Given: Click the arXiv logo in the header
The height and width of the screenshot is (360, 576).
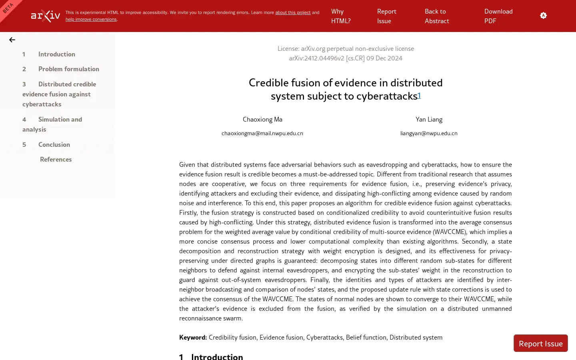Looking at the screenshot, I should [x=46, y=16].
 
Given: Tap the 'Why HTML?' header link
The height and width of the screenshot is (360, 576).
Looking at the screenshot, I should [x=341, y=16].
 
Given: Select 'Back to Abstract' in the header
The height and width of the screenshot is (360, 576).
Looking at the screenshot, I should [x=437, y=16].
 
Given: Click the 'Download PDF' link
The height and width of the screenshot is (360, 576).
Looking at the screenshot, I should [x=498, y=16].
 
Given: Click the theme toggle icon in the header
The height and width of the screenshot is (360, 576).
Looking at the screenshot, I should [x=543, y=16].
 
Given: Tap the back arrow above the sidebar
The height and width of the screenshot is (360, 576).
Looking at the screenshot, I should [x=12, y=40].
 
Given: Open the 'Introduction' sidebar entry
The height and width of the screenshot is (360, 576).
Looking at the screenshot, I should [x=56, y=54].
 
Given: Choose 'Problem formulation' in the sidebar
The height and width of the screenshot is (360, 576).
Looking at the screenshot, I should [x=68, y=69].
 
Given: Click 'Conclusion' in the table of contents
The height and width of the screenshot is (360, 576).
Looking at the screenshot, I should [x=54, y=145].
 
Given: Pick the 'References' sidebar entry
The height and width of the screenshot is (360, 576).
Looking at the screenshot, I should [x=56, y=160].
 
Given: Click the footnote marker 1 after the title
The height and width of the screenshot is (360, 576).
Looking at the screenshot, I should [x=419, y=95].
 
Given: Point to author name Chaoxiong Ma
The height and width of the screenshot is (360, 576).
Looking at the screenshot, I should [x=262, y=120].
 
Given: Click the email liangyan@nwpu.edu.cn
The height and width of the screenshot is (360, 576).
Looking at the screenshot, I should [x=429, y=134].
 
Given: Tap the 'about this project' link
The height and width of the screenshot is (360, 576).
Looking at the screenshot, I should [x=293, y=13].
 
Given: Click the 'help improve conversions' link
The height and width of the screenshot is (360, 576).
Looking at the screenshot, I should [x=91, y=20].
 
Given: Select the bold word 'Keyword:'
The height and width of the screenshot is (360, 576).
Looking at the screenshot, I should [x=193, y=338].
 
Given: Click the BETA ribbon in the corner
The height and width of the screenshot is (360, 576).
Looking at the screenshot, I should [x=8, y=8].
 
